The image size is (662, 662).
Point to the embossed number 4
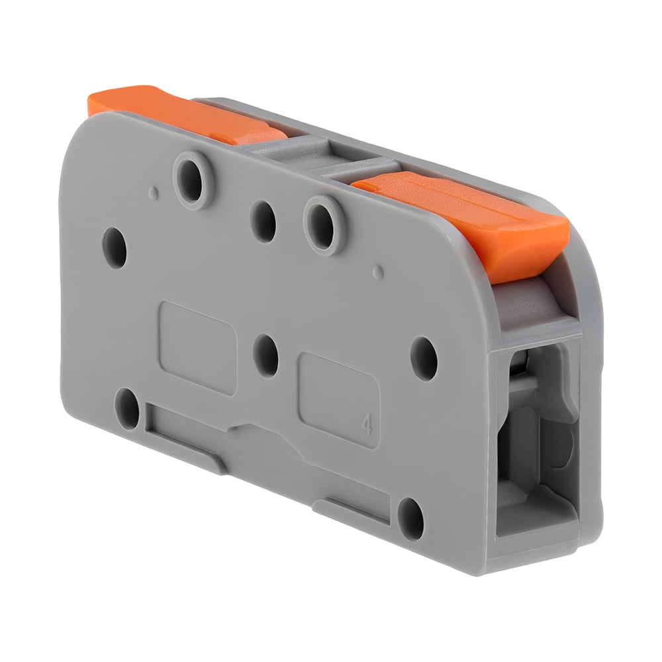click(367, 426)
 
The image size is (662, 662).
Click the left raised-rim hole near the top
click(193, 180)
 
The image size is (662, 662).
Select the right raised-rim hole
click(324, 224)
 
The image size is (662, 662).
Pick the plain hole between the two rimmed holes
click(263, 222)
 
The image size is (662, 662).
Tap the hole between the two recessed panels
click(266, 355)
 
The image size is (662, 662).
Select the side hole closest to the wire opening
click(424, 358)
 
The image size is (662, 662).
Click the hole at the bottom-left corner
click(127, 408)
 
